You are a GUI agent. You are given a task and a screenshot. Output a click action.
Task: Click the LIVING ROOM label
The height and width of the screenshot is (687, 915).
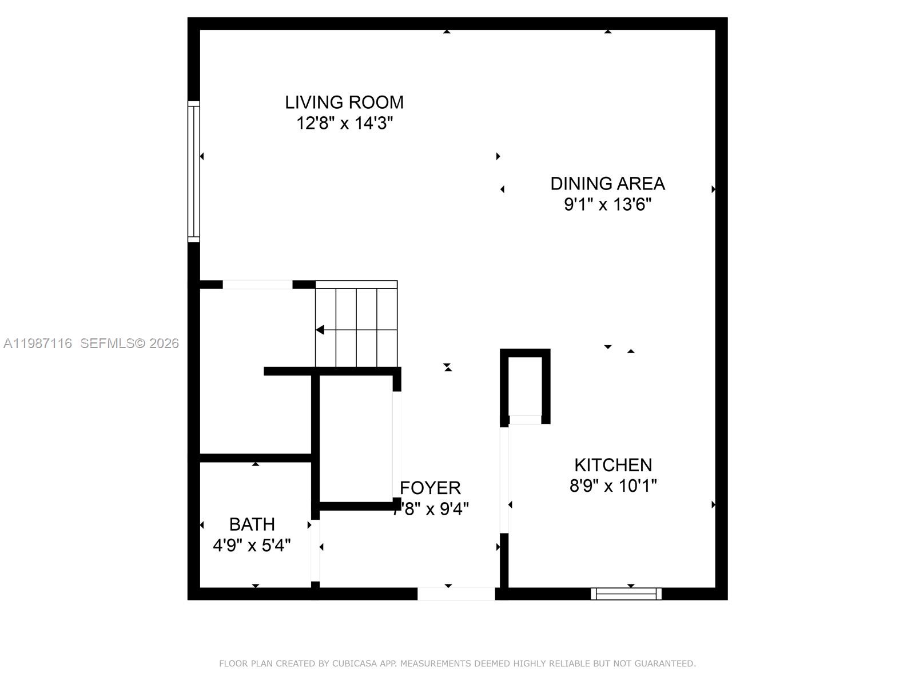344,102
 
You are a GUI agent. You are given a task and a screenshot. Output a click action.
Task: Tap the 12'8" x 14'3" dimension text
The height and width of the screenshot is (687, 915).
344,123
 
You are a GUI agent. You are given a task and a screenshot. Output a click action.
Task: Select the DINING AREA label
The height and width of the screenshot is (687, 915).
607,184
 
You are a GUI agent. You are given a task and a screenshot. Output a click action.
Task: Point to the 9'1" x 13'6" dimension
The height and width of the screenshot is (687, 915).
607,204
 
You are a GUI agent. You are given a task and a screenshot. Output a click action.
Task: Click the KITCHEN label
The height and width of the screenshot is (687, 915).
613,465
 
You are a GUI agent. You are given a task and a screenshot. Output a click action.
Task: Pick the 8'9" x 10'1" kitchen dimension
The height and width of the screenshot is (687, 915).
613,486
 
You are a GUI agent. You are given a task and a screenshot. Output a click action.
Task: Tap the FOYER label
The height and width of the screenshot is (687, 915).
430,488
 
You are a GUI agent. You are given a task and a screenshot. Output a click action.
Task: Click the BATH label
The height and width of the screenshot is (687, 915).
252,524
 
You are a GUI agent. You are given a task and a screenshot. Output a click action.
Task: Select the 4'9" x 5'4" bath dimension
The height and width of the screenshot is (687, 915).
252,546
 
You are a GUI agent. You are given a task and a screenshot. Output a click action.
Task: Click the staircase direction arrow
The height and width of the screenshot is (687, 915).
320,330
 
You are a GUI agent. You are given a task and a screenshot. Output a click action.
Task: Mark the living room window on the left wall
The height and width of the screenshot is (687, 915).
194,171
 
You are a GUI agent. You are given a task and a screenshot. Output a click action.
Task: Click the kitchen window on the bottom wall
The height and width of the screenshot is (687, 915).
626,594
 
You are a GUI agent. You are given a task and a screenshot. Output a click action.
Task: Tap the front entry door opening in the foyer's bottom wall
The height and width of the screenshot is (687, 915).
456,594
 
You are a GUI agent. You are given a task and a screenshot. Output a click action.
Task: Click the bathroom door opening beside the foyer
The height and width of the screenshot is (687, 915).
315,550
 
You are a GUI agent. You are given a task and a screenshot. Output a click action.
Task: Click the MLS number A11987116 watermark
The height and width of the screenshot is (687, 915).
38,343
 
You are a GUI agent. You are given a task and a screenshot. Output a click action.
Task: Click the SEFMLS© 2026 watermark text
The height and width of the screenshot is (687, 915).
129,343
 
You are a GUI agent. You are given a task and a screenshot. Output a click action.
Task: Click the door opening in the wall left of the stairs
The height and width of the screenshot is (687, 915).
257,285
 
